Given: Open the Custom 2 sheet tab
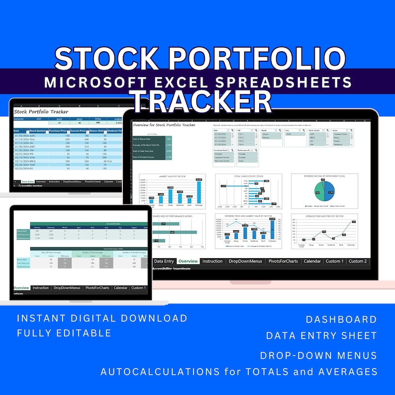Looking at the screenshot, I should [357, 261].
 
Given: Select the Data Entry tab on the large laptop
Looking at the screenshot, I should [164, 261].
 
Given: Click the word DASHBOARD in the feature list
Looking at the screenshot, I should [341, 319].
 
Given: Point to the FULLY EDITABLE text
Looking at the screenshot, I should [64, 333].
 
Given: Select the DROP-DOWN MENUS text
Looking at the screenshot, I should [318, 355].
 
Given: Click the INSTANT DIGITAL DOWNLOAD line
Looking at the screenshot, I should [102, 318].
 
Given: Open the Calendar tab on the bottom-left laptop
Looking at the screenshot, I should [120, 288].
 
